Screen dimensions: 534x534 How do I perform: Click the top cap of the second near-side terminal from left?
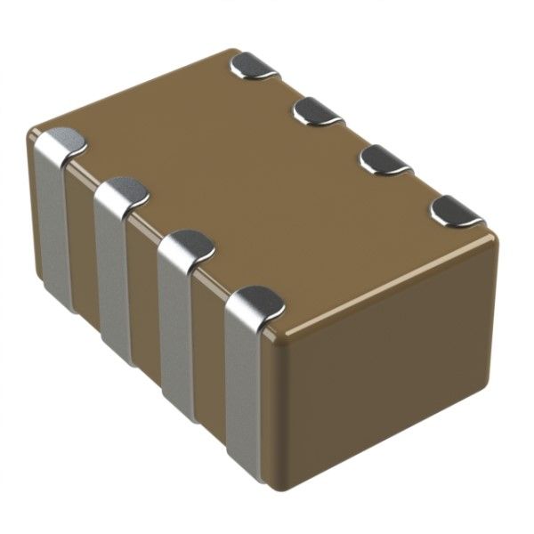tap(123, 190)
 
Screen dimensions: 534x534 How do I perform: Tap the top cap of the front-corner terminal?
tap(256, 303)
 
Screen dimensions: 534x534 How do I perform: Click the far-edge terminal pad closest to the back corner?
tap(255, 66)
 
